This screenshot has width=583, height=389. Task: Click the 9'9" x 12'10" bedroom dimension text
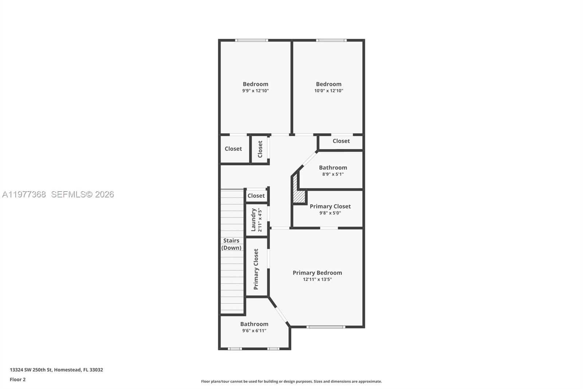coord(255,91)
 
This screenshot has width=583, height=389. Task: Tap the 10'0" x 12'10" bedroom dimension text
coord(329,91)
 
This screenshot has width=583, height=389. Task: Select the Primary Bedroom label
coord(317,273)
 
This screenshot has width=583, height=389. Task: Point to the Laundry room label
coord(254,220)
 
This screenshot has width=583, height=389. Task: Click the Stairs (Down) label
coord(231,244)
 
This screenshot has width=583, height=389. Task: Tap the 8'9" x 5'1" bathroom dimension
coord(333,174)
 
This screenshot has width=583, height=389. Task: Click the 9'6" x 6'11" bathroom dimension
coord(254,331)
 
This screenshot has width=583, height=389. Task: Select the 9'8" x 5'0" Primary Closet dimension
coord(330,213)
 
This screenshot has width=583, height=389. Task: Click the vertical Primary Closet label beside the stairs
coord(256,269)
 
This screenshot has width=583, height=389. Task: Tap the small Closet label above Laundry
coord(256,196)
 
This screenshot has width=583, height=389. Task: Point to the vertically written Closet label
coord(260,149)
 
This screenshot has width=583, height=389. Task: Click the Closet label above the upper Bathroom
coord(341,141)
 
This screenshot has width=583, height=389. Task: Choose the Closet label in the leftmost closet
coord(233,149)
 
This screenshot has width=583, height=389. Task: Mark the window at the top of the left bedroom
coord(251,40)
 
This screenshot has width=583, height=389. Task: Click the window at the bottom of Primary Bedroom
coord(325,327)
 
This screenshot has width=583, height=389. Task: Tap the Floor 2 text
coord(17,380)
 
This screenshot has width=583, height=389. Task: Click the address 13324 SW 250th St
coord(56,370)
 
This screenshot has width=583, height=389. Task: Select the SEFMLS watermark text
coord(82,194)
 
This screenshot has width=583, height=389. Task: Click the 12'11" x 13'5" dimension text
coord(317,280)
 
